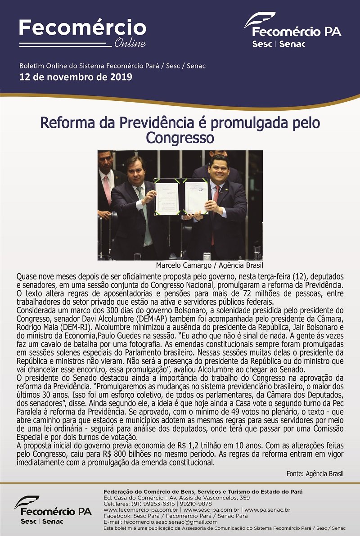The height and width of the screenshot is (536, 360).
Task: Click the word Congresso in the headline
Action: tap(180, 136)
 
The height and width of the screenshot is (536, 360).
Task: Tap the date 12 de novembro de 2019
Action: tap(76, 77)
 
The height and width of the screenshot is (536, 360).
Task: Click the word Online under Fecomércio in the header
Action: tap(130, 43)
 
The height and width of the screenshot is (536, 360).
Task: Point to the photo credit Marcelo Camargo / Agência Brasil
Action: tap(209, 265)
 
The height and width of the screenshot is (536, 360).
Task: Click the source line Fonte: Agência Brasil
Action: tap(315, 474)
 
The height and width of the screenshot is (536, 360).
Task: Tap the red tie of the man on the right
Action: tap(215, 212)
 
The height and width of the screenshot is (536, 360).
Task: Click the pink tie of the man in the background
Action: tap(107, 189)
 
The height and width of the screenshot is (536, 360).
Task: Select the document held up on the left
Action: tap(167, 197)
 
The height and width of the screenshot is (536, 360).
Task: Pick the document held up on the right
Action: tap(196, 197)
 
